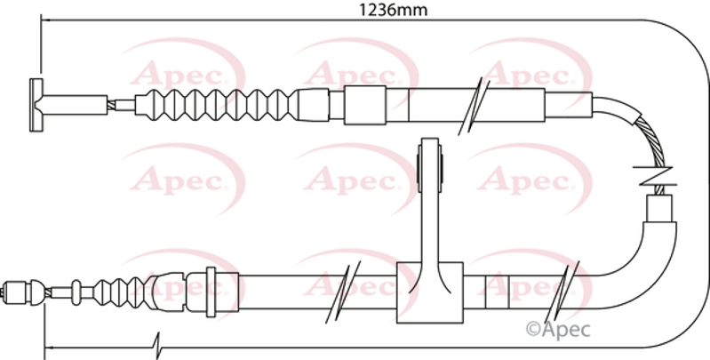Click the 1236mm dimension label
[x=393, y=10]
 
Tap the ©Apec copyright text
[x=558, y=329]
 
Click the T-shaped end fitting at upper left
[x=36, y=105]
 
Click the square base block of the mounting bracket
[x=430, y=292]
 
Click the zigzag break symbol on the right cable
[x=655, y=176]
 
